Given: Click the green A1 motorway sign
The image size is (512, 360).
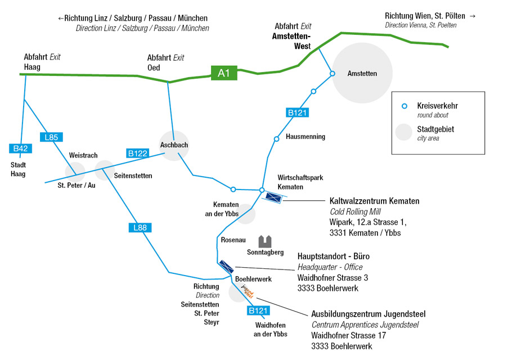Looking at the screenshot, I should pos(224,73).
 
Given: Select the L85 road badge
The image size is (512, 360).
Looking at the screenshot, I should pos(51,137).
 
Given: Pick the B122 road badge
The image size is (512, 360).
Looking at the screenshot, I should pos(137,153).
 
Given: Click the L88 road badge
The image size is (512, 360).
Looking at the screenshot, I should pos(140,228).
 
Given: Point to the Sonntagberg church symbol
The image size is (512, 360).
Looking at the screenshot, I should pos(265,242).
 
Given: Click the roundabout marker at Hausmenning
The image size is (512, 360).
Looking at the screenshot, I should pos(276,139).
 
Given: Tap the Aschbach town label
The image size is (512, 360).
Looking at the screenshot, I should pos(174,145).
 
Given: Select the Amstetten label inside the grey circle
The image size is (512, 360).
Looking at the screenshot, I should pos(362,74).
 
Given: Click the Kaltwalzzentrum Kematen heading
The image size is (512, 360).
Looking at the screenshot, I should pos(374,201).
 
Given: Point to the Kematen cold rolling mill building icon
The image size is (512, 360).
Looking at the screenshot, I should pos(273,197).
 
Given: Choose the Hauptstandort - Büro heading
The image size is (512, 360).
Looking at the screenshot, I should pos(333,256).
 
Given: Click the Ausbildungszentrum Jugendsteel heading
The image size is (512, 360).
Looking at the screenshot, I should pos(369,314).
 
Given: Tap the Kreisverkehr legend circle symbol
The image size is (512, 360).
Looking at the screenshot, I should pos(403,106).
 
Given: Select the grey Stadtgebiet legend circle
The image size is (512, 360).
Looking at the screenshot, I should pos(403,132).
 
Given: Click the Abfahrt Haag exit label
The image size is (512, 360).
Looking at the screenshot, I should pos(42,62).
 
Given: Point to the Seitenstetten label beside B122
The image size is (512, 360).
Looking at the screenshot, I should pos(133,175).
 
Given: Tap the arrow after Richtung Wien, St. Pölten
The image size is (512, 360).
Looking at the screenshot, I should pos(472,16).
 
